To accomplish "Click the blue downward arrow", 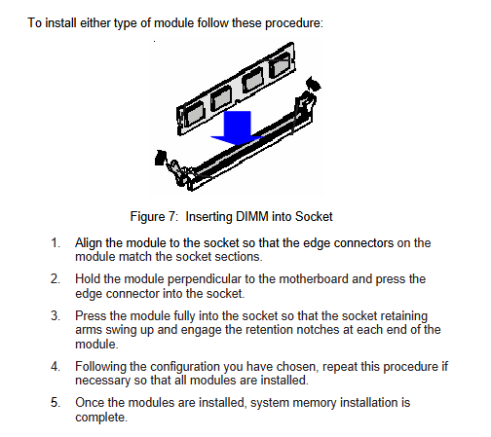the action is (x=237, y=127).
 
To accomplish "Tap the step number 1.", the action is (x=56, y=243).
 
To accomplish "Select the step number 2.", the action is (x=56, y=279).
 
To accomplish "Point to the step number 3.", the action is (x=56, y=316).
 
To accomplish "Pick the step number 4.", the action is (x=56, y=367).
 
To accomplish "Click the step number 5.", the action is (x=56, y=403).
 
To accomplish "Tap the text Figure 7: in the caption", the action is (x=154, y=217).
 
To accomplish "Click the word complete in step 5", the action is (x=101, y=418).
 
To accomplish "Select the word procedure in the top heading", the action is (x=294, y=23).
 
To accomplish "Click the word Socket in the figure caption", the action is (x=314, y=216).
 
